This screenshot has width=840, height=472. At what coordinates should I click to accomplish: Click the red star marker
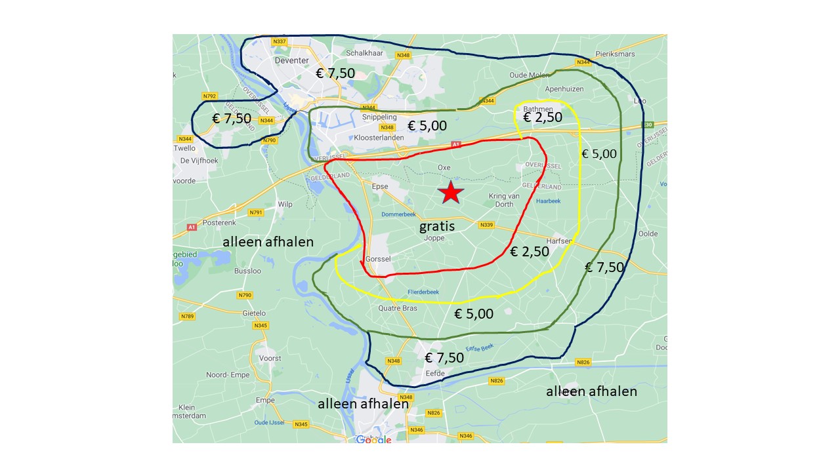pos(450,193)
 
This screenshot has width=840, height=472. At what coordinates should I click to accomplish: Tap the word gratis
pos(437,227)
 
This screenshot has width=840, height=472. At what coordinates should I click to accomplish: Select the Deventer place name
pos(291,60)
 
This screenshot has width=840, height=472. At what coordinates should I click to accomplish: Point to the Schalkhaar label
pos(364,53)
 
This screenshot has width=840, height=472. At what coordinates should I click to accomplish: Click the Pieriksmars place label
pos(615,54)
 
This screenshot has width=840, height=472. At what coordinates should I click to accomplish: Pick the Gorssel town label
pos(378,259)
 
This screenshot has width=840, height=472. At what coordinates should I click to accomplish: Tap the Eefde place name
pos(435,374)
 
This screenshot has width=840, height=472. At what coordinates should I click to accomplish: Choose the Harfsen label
pos(559,241)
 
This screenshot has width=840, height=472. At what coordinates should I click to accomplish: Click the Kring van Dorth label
pos(505,200)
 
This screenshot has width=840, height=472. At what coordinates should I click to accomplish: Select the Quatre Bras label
pos(398,308)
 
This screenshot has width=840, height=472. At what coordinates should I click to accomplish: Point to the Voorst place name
pos(270,359)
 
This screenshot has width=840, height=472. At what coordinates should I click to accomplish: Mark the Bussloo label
pos(247,270)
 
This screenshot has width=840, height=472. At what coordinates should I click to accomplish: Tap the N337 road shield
pos(280,41)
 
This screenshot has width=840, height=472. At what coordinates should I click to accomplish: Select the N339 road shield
pos(486,225)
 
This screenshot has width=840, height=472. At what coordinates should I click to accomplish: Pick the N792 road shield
pos(209,96)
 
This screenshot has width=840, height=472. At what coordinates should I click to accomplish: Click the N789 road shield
pos(187,317)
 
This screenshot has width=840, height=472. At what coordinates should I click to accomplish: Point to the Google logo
pos(373,439)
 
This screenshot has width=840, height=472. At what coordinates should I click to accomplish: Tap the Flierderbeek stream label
pos(423,292)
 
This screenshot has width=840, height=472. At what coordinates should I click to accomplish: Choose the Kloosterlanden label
pos(377,138)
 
